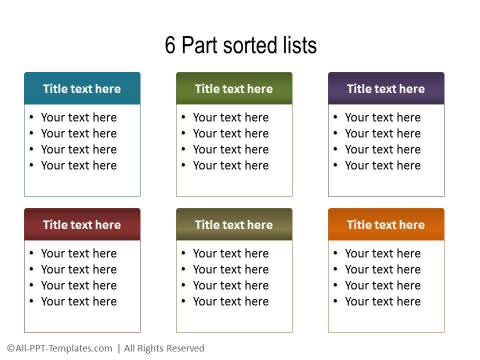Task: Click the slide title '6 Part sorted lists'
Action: [x=240, y=45]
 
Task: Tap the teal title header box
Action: [x=82, y=89]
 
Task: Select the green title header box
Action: [x=234, y=89]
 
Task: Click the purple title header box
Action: [x=386, y=89]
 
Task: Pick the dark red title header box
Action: [x=82, y=225]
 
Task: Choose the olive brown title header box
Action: [x=234, y=225]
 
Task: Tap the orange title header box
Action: [x=386, y=225]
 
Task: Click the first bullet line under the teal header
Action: [x=78, y=117]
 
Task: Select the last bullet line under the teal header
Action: [x=78, y=165]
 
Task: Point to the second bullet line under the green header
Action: [x=230, y=133]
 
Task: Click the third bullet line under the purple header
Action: [x=382, y=149]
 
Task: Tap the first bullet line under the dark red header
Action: [x=78, y=253]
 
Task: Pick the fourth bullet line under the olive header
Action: [x=230, y=301]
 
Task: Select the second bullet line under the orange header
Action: [x=382, y=269]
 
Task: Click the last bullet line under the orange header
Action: [x=382, y=301]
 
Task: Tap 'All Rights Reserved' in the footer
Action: [x=164, y=348]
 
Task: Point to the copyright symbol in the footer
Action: [x=9, y=348]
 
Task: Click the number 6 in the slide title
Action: [x=170, y=45]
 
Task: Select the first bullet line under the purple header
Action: [x=382, y=117]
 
